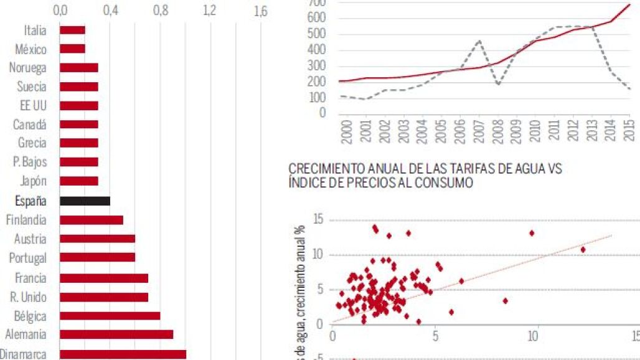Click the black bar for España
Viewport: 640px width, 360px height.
click(x=85, y=201)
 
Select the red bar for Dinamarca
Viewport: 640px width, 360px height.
click(x=123, y=354)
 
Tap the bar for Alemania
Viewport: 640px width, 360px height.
click(x=116, y=334)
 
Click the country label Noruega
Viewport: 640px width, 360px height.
click(x=27, y=68)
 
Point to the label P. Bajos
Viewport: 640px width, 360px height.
click(x=29, y=162)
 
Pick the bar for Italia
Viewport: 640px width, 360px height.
click(x=72, y=30)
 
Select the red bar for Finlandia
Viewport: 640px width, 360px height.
click(x=92, y=220)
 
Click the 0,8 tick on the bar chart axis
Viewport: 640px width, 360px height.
click(x=161, y=11)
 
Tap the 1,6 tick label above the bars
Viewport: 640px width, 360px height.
click(x=261, y=11)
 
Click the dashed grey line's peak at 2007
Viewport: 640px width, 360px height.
click(x=478, y=40)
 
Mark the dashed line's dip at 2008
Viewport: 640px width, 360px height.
click(x=497, y=83)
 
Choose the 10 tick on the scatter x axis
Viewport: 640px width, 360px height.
click(x=533, y=335)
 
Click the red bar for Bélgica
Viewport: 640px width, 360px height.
click(x=110, y=315)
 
